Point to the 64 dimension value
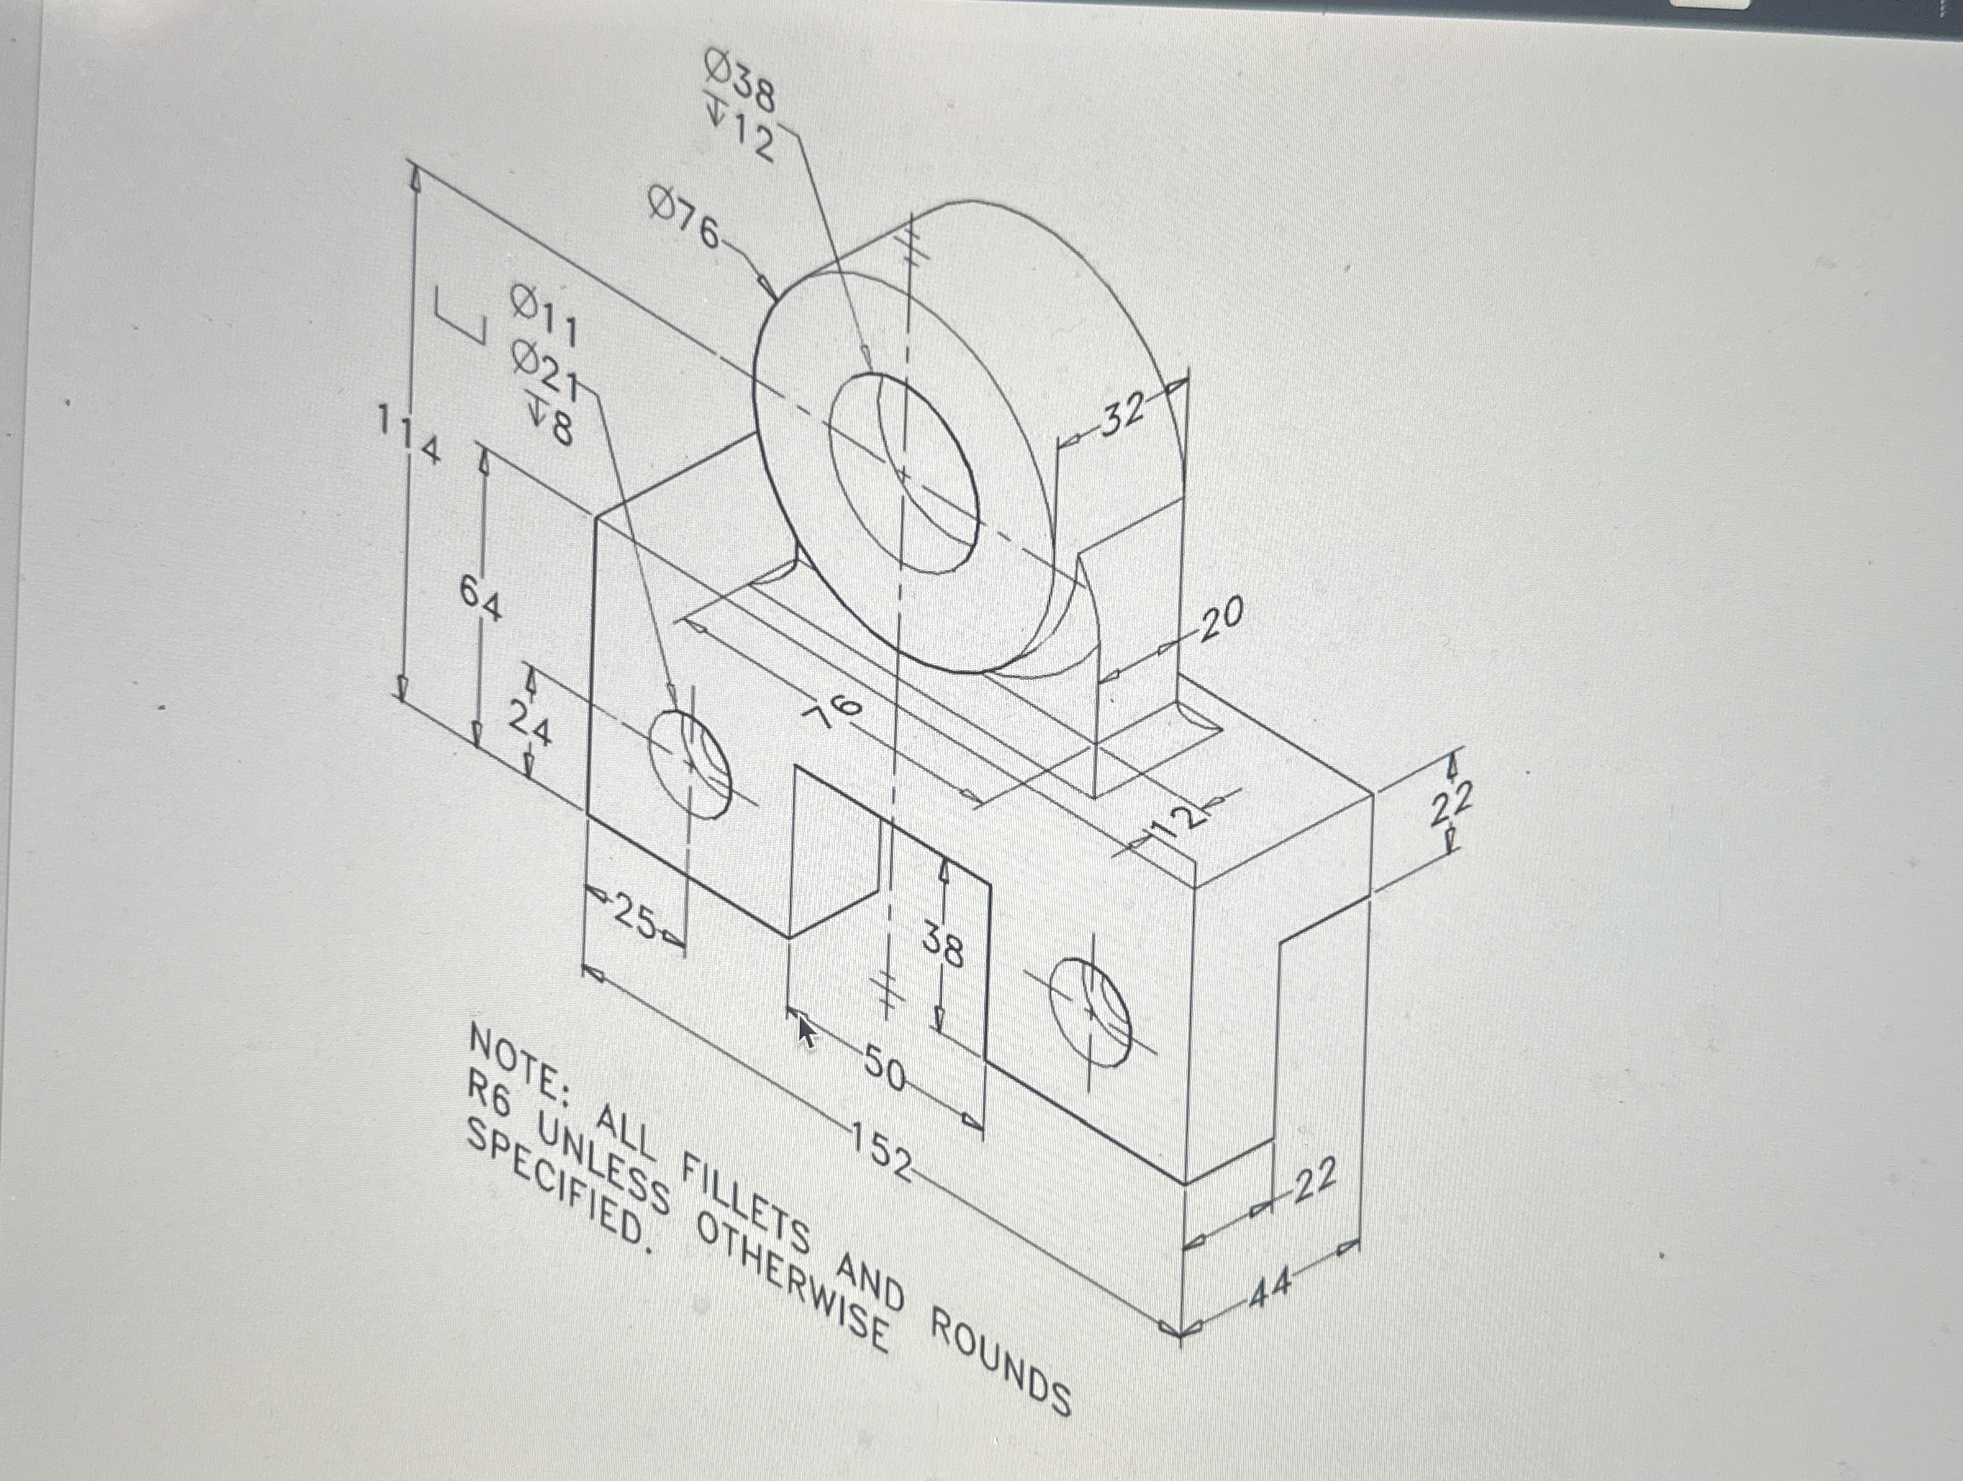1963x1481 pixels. [480, 598]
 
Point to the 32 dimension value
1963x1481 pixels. [1123, 414]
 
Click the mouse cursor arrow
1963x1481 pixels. [806, 1033]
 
